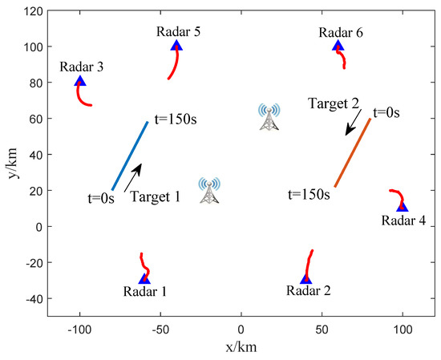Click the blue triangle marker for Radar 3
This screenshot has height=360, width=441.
(79, 81)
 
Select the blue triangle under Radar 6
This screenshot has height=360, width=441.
(338, 46)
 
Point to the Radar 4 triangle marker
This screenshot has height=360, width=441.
(403, 206)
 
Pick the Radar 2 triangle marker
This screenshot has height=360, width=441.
(305, 278)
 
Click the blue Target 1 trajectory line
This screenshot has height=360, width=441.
(130, 156)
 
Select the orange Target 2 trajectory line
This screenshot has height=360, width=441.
(353, 152)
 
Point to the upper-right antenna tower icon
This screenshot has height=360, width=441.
(269, 117)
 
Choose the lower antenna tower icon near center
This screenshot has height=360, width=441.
(208, 190)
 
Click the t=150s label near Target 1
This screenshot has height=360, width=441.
(176, 119)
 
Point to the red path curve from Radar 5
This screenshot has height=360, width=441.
(172, 63)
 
